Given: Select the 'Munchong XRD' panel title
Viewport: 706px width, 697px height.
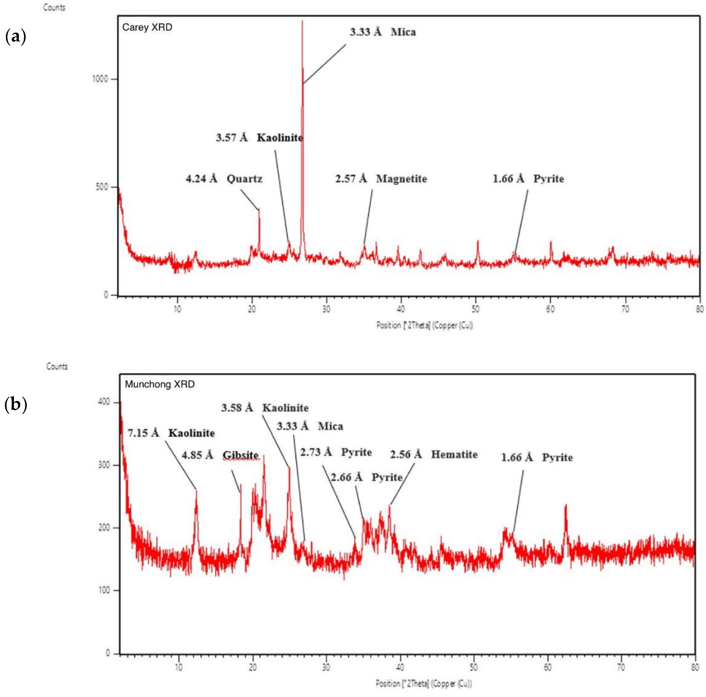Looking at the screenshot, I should (x=160, y=384).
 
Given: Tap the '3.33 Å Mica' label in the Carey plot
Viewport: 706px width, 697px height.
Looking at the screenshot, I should (x=383, y=32).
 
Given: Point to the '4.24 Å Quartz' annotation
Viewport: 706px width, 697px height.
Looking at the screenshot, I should (x=224, y=179).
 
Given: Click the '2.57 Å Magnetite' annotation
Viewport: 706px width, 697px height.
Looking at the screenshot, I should (x=381, y=179).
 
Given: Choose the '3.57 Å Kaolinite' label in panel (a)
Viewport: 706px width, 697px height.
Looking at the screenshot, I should (x=260, y=138).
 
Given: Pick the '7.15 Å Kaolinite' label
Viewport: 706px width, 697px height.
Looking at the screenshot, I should (x=171, y=433).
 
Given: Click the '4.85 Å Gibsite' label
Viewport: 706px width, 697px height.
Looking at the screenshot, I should (x=220, y=455).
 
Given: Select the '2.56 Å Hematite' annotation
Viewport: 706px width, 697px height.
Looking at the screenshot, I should (x=434, y=454).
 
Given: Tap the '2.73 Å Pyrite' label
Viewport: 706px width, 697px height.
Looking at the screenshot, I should (x=336, y=452).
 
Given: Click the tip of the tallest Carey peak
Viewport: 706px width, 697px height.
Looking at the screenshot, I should (x=302, y=21).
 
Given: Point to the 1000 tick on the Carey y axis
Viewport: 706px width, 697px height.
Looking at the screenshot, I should (x=100, y=79).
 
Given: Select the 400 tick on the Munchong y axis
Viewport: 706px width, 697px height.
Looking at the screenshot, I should (x=104, y=402).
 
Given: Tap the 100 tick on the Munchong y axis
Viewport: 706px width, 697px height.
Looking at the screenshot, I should (x=104, y=590).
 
